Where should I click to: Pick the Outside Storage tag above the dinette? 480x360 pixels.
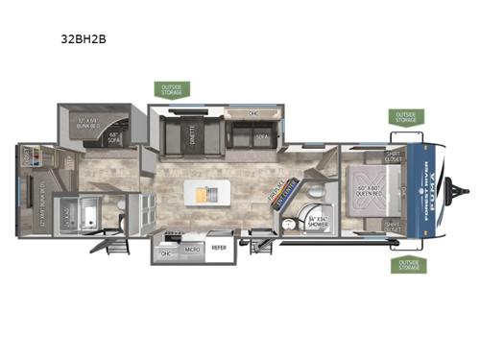pos(173,89)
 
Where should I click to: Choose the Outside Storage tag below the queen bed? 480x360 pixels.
pos(408,265)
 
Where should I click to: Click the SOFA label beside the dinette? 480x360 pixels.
pos(262,137)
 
